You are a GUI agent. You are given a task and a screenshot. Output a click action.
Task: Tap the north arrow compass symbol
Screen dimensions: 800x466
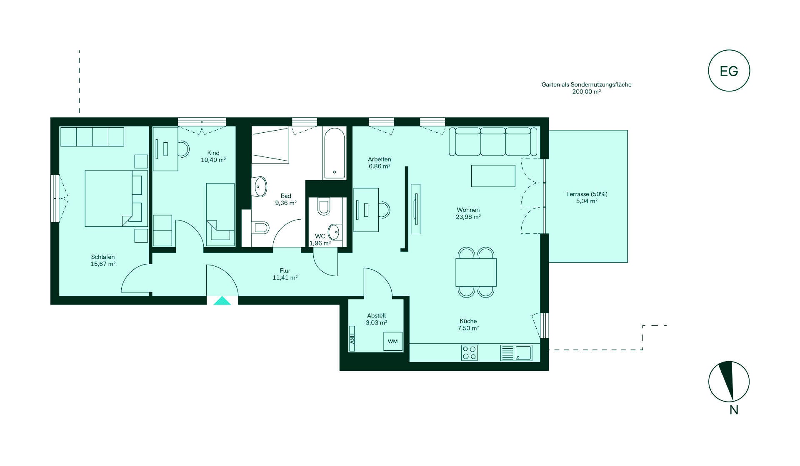pos(729,382)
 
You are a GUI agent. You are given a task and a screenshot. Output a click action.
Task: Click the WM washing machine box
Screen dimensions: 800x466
pos(393,341)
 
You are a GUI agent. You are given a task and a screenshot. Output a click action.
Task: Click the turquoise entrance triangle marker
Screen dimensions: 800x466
pos(222,300)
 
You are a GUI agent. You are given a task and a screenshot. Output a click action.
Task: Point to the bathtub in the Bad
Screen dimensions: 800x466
pos(335,153)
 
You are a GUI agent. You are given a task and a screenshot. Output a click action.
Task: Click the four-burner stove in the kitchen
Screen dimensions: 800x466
pos(470,353)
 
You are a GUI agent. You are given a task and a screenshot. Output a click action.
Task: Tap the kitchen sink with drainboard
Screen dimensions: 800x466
pos(516,353)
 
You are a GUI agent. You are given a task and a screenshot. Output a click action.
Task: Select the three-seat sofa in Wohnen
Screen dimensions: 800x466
pos(493,141)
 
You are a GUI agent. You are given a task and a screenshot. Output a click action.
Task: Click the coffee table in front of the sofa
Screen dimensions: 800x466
pos(493,176)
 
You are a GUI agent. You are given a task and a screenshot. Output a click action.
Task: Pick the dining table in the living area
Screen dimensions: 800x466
pos(476,272)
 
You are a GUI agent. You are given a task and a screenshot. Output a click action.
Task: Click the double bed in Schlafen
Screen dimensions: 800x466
pos(116,198)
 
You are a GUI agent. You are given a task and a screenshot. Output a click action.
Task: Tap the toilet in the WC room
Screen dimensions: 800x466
pos(324,207)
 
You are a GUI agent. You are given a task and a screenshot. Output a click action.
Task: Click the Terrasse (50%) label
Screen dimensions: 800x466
pos(587,194)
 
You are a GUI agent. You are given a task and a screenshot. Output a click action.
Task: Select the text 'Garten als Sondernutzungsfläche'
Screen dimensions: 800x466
pos(586,84)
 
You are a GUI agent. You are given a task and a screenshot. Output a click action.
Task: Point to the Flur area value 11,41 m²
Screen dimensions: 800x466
pos(285,278)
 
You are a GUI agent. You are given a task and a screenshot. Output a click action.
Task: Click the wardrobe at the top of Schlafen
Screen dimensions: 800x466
pos(92,137)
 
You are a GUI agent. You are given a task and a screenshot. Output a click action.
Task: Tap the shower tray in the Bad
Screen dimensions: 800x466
pos(270,145)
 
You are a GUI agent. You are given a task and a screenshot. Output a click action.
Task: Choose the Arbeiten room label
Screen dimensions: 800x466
pos(380,159)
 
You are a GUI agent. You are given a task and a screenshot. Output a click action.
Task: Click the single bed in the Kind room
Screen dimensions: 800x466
pos(220,215)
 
